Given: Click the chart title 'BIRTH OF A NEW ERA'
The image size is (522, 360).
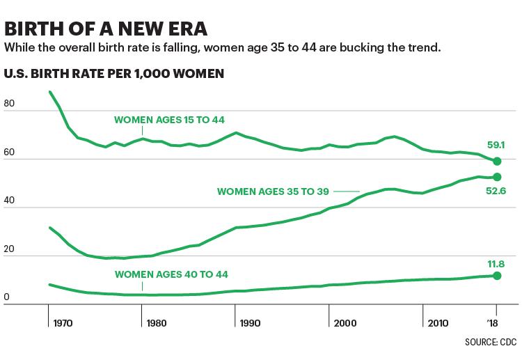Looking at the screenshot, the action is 106,29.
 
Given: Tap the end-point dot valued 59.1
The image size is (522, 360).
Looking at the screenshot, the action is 497,161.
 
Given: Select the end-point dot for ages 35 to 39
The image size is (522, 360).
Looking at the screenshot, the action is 497,177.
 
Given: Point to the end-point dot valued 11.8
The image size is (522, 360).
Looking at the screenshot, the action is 497,276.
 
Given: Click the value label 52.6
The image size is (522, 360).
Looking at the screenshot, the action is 496,191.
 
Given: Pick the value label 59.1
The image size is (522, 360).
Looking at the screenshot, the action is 496,145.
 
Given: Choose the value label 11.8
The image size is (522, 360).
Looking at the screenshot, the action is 496,264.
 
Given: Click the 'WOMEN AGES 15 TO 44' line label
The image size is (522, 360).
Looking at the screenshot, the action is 169,120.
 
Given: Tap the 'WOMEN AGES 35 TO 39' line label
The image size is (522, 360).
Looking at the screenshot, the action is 273,191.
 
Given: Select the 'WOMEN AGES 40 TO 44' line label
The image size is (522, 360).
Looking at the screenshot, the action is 171,274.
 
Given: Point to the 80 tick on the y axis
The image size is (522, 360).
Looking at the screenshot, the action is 9,103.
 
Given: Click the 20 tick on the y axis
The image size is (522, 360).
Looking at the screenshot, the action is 9,249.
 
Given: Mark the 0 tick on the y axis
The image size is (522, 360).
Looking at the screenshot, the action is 7,297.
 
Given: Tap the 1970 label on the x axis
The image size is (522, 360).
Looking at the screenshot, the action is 63,323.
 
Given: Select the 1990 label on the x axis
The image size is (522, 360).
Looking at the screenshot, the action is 250,323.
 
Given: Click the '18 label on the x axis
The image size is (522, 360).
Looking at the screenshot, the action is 492,323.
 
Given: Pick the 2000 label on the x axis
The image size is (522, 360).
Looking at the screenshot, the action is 345,323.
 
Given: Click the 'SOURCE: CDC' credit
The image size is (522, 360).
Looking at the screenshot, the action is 491,342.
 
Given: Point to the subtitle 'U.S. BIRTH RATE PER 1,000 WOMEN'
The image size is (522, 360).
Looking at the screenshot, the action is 114,74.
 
